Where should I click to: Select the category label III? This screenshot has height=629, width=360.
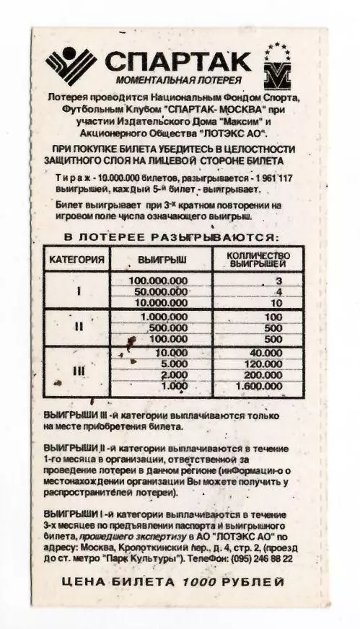pos(79,371)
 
